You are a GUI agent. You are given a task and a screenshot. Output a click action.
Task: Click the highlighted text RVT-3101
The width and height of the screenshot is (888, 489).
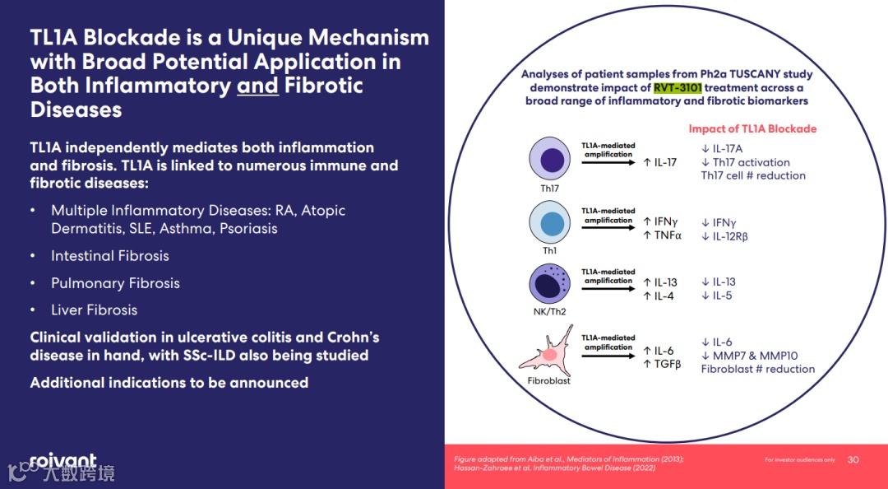(x=678, y=87)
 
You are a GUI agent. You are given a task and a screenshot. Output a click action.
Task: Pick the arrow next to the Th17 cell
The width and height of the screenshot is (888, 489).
(x=608, y=162)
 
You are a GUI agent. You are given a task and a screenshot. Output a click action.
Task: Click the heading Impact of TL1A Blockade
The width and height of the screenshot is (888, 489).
(x=752, y=129)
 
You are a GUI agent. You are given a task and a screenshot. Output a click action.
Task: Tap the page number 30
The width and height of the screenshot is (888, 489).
(x=853, y=459)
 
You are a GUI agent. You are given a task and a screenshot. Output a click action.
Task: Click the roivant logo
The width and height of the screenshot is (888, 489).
(x=62, y=461)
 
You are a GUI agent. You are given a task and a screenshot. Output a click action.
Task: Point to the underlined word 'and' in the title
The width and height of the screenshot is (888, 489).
(x=257, y=86)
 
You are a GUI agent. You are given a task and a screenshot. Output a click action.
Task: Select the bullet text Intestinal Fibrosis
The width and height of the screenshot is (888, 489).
(x=110, y=256)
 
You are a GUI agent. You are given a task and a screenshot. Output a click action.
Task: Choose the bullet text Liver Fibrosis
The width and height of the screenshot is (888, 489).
(x=94, y=310)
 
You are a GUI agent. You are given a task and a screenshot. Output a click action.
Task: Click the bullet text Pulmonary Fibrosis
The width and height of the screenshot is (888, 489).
(x=115, y=283)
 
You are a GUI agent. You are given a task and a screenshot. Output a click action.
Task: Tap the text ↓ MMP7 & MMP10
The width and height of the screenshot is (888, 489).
(x=749, y=356)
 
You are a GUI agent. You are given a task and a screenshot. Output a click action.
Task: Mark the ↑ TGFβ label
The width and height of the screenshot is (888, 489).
(x=662, y=365)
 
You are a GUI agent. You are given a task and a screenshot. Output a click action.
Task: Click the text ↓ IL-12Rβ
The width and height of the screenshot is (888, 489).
(x=724, y=236)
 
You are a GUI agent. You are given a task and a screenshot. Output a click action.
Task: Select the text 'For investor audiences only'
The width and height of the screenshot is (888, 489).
(x=799, y=459)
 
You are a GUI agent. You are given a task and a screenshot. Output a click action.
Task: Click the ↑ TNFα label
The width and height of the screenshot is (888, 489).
(x=663, y=236)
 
